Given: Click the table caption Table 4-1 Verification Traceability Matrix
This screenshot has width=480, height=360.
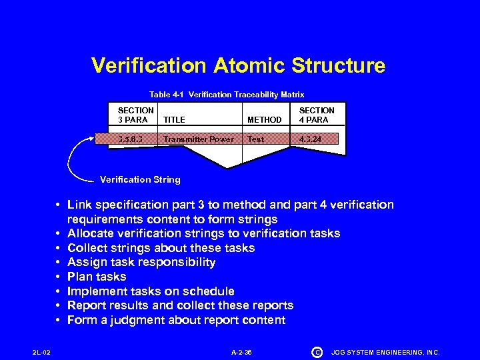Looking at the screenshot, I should pos(227,95).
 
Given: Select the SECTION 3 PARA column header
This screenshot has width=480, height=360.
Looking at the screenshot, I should pos(135,115).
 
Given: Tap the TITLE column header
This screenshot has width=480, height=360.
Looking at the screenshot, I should pos(174,119).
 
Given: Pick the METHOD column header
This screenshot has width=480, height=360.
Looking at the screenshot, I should pos(264,119).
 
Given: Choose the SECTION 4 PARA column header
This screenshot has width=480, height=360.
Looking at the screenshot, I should pos(317,115).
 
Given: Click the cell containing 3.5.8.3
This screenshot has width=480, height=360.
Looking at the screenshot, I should pos(130,139).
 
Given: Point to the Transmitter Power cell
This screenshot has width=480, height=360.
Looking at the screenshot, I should pos(198,139).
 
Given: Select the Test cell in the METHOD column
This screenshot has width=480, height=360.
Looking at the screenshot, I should pos(256,139).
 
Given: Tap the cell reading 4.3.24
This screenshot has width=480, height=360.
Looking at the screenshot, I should pos(311,139).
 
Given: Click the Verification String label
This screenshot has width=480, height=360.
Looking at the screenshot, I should pos(139,179).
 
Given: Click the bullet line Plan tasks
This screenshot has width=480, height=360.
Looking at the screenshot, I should pos(97,277).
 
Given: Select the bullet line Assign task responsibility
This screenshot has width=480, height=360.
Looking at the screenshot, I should pos(141,262).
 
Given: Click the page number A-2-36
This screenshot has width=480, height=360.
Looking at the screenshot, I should pos(241,352).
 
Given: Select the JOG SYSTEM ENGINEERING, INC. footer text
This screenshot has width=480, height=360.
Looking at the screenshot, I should pos(385,352).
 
